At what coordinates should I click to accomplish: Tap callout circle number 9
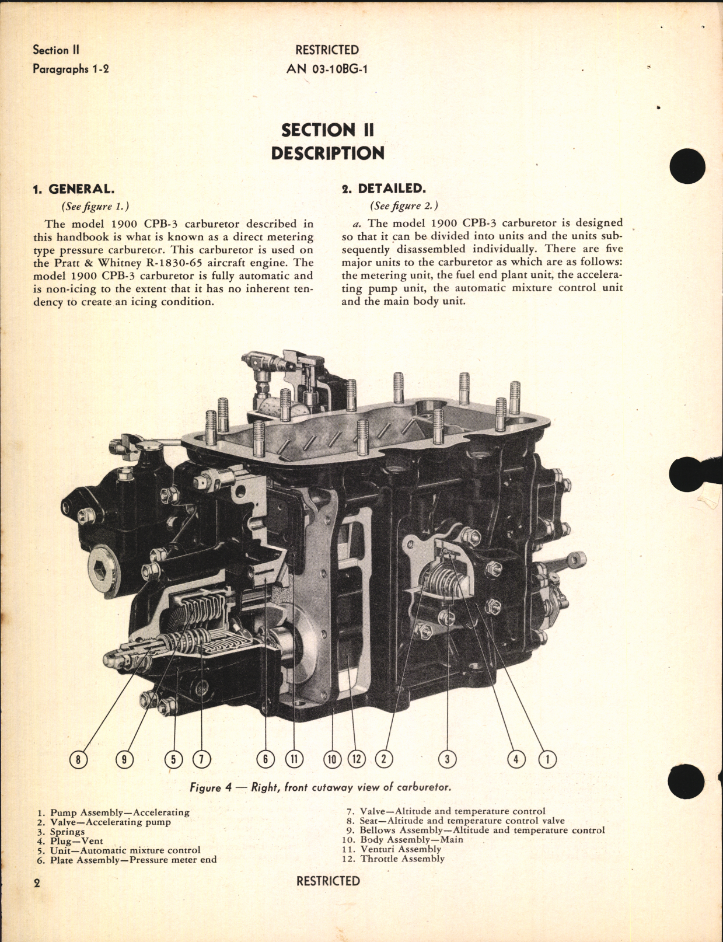coord(124,759)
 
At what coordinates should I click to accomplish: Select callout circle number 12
coord(357,759)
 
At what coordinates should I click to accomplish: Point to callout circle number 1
coord(547,759)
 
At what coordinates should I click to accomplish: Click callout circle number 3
coord(447,759)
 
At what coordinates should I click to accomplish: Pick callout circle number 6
coord(266,759)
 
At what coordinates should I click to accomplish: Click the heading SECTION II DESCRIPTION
coord(327,141)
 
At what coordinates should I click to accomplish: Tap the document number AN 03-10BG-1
coord(327,69)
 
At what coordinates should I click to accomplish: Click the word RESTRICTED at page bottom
coord(328,881)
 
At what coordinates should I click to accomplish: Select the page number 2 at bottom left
coord(37,883)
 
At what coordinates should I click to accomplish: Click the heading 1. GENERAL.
coord(74,189)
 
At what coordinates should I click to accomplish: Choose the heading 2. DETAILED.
coord(383,188)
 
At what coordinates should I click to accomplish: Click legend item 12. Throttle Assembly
coord(393,859)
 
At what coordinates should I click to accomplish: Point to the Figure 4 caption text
coord(320,787)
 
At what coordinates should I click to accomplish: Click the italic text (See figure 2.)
coord(404,205)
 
